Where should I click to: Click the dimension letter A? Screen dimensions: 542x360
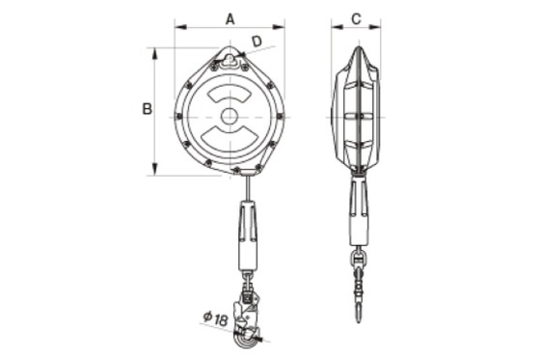(x=230, y=19)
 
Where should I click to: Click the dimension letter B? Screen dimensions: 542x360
(x=148, y=109)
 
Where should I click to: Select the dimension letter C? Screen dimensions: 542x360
(x=356, y=19)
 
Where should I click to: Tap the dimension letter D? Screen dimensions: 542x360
(x=257, y=42)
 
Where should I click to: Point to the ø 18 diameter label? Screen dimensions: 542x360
(x=215, y=318)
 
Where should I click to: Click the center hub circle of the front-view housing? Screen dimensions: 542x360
(x=230, y=117)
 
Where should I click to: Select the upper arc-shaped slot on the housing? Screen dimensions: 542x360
(x=230, y=93)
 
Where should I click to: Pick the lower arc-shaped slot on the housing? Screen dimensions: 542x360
(x=230, y=138)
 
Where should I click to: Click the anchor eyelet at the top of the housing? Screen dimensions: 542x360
(x=230, y=60)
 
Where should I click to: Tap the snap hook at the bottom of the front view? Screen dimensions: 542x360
(x=248, y=318)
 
